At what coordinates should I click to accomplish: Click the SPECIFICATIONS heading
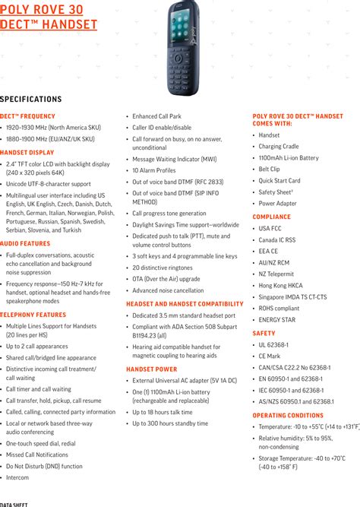(31, 99)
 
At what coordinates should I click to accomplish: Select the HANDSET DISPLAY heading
(28, 153)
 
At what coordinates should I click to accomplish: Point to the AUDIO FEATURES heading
(25, 243)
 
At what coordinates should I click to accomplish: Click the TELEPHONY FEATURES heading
(33, 314)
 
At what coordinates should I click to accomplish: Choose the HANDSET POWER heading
(152, 369)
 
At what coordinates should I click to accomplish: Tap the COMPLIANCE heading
(272, 217)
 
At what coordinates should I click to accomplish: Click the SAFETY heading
(264, 333)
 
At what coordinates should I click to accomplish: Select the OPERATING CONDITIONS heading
(288, 416)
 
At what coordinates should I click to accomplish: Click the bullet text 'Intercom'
(17, 477)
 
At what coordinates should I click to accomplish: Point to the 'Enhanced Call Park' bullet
(157, 116)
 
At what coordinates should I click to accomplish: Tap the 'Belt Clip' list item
(269, 170)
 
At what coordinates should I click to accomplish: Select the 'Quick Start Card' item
(279, 181)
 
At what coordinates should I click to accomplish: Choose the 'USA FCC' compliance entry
(270, 228)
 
